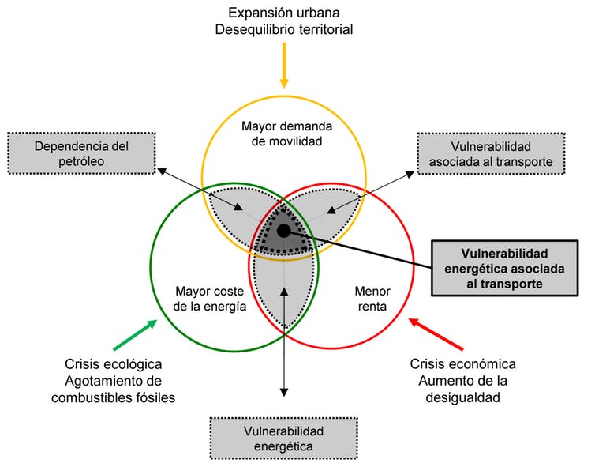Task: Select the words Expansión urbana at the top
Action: tap(285, 13)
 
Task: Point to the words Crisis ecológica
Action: tap(114, 364)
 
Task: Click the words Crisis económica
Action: tap(462, 364)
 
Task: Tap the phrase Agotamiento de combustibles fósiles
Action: tap(113, 389)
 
